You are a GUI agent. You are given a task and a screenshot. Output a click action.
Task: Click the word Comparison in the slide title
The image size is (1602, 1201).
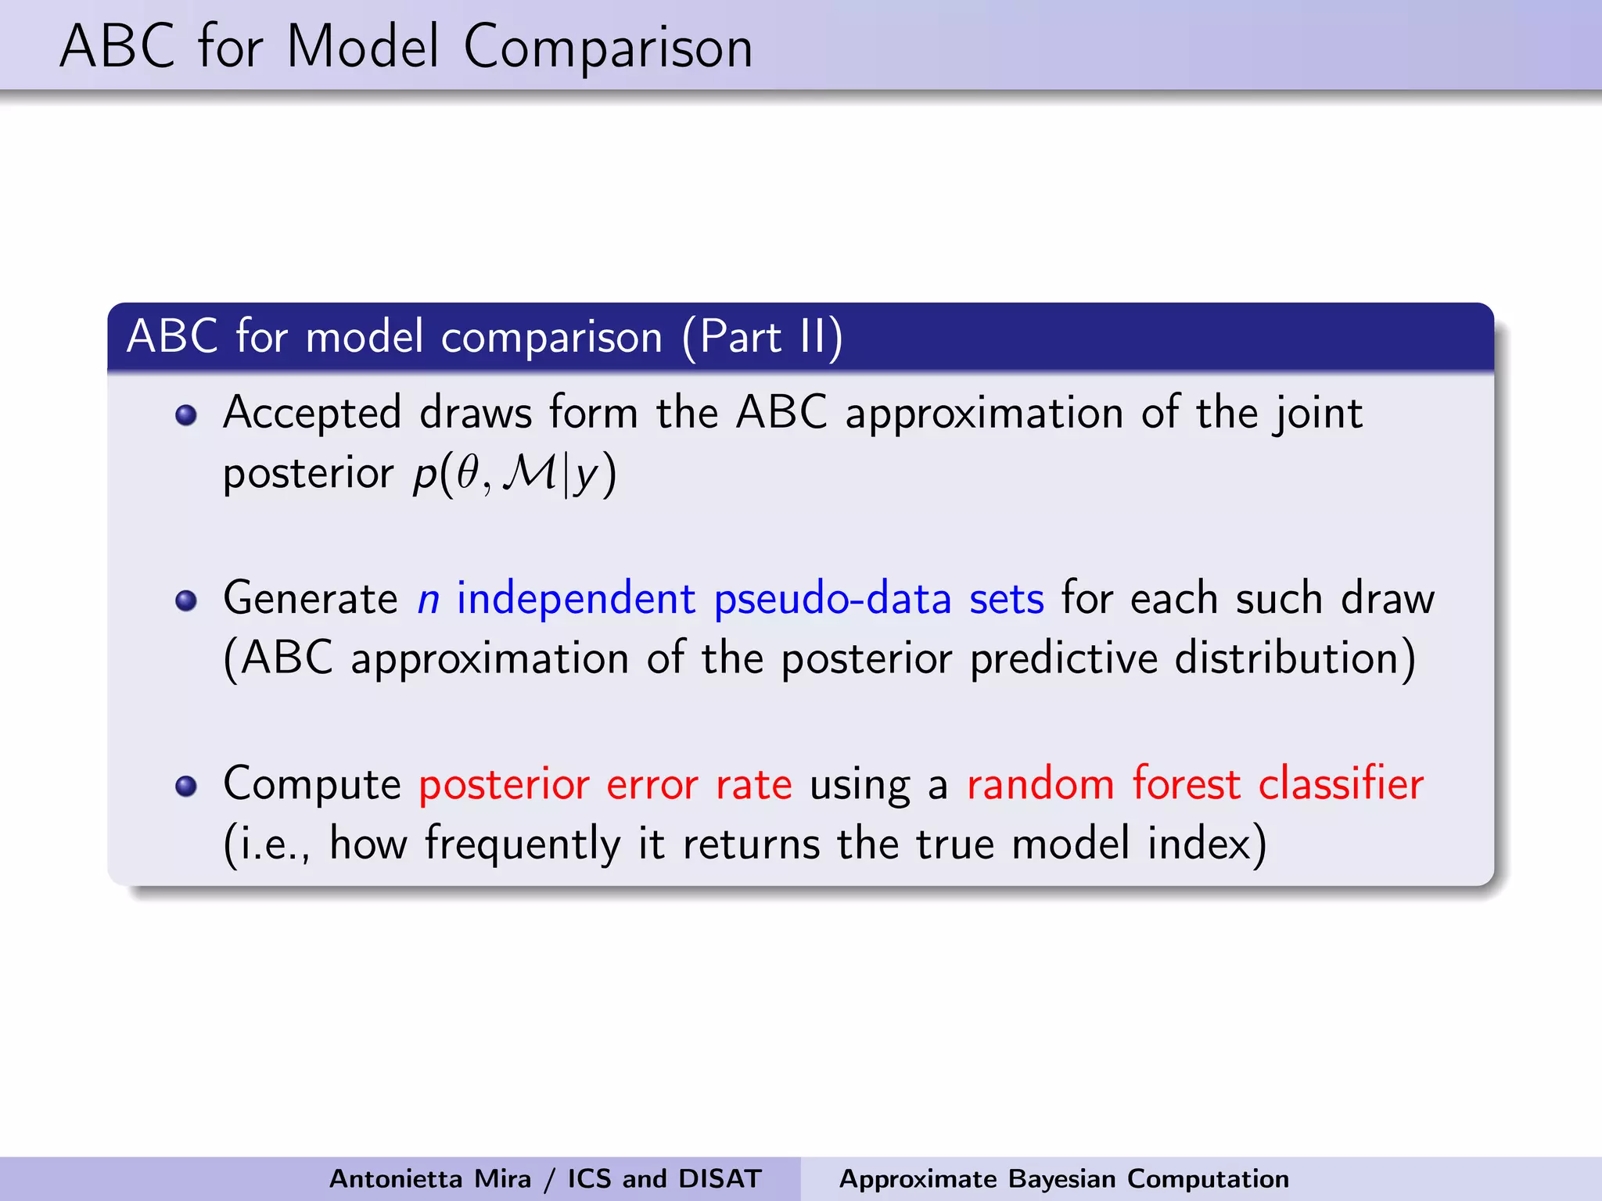[608, 48]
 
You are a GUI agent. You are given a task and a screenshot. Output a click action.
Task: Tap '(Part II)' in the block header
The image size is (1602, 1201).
[762, 337]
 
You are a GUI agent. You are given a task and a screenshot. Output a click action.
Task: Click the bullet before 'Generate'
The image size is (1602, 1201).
[186, 600]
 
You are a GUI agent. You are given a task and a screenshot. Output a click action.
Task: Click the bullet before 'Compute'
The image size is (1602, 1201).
[186, 785]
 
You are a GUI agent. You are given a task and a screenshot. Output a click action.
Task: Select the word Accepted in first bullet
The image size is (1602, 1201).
[311, 414]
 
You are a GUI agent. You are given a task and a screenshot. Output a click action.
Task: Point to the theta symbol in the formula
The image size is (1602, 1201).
[468, 473]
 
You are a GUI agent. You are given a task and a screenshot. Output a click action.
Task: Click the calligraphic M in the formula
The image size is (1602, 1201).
[530, 473]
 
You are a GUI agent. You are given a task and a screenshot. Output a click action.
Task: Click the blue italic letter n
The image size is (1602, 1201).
[428, 600]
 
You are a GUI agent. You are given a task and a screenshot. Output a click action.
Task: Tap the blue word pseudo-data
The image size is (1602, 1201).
[832, 600]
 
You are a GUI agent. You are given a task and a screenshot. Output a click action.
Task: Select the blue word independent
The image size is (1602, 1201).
[576, 600]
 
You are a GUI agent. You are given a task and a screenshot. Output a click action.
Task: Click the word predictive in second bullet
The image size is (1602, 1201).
[1063, 658]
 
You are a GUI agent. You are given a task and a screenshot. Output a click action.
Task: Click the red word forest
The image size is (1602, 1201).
[1186, 783]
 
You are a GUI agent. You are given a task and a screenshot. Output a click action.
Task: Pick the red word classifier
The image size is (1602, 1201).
[1341, 783]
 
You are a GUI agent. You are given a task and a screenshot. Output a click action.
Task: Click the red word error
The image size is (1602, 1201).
[652, 784]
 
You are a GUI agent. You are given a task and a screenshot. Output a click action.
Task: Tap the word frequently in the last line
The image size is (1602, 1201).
[522, 844]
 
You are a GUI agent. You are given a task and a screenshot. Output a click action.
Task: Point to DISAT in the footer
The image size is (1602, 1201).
[720, 1178]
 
